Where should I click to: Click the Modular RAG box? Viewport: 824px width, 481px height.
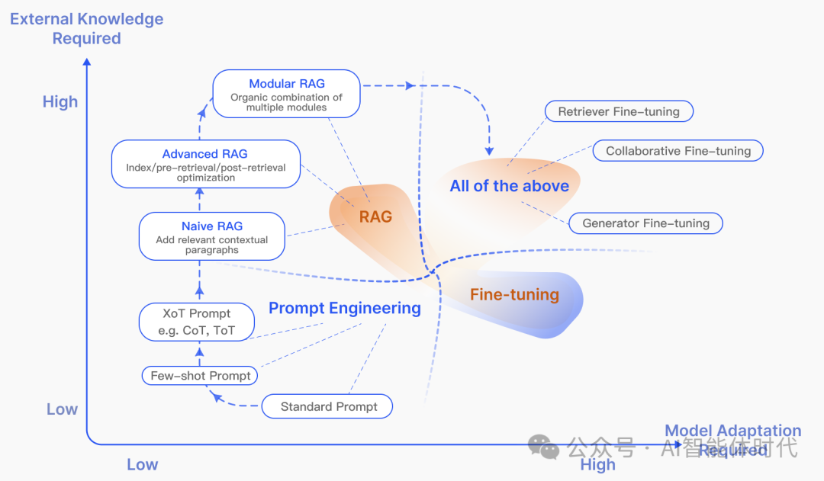coord(286,94)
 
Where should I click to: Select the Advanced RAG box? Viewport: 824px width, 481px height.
coord(205,164)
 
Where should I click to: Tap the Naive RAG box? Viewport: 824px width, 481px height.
coord(211,236)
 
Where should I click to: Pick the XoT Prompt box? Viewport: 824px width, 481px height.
coord(196,322)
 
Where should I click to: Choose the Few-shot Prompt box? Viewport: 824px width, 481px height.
coord(200,376)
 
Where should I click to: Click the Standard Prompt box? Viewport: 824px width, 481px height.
coord(328,406)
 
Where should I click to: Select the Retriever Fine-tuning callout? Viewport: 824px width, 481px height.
coord(618,111)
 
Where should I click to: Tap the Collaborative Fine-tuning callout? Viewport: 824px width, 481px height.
coord(678,151)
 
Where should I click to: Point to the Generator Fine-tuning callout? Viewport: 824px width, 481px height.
coord(645,223)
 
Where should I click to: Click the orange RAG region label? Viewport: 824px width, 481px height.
coord(375,217)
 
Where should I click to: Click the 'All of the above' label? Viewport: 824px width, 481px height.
coord(509,186)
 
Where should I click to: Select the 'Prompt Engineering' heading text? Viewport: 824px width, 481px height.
coord(344,308)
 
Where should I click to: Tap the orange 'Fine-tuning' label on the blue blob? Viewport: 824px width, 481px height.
coord(514,294)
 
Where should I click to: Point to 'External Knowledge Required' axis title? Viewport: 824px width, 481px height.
coord(86,29)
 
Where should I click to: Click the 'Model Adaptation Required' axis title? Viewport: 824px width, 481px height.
coord(732,441)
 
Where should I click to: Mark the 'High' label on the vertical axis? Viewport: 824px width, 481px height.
coord(60,102)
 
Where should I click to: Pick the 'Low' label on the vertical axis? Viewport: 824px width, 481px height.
coord(62,409)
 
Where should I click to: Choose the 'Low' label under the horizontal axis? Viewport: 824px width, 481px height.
coord(142,464)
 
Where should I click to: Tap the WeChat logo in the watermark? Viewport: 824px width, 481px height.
coord(544,446)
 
